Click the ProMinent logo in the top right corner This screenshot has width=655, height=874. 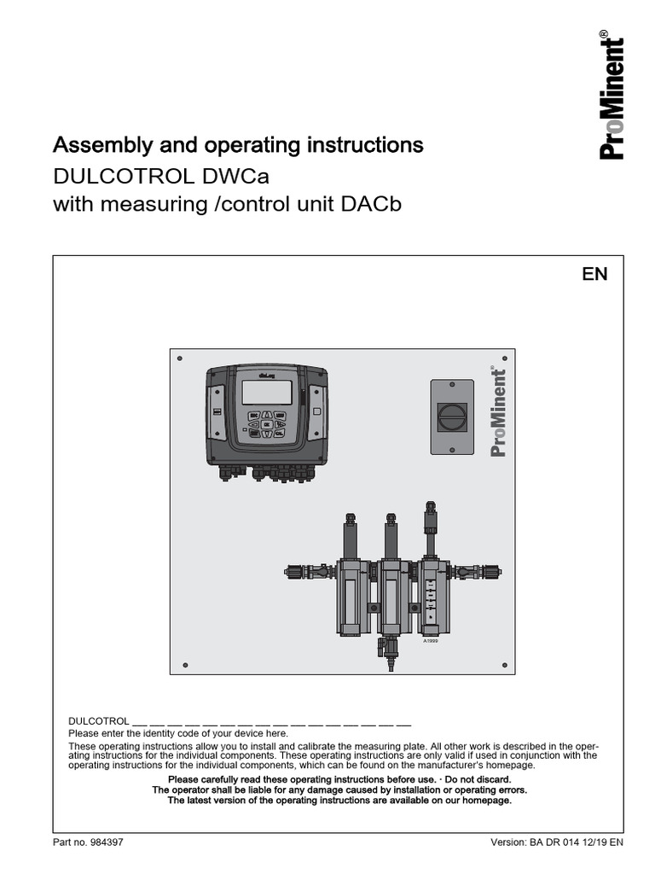coord(612,96)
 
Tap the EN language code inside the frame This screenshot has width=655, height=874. coord(594,274)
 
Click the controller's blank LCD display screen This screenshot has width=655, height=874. coord(269,393)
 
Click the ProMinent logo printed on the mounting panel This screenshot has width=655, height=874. coord(498,412)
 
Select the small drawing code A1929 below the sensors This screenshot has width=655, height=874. coord(431,640)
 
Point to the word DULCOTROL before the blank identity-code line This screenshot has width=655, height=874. coord(98,721)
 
